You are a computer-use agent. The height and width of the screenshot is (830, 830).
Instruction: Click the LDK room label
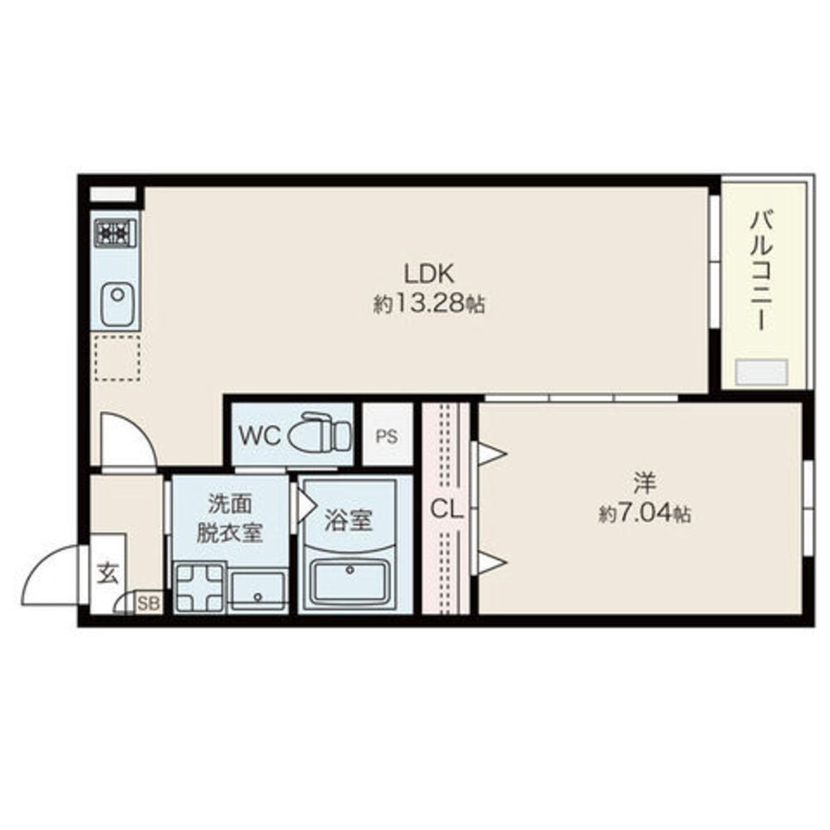427,272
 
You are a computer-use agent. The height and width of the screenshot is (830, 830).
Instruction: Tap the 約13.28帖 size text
428,304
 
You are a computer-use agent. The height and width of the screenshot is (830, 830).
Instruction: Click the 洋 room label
645,481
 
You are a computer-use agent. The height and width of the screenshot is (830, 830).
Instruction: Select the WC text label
258,435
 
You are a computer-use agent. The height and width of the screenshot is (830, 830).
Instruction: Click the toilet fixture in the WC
325,432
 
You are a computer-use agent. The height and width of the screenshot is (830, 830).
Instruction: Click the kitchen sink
115,301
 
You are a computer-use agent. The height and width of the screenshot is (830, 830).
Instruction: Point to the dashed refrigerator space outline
115,358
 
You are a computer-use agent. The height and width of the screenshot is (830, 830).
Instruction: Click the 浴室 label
348,520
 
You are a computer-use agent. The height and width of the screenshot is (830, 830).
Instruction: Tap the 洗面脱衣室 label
229,517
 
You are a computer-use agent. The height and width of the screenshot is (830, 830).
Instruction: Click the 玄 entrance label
108,574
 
